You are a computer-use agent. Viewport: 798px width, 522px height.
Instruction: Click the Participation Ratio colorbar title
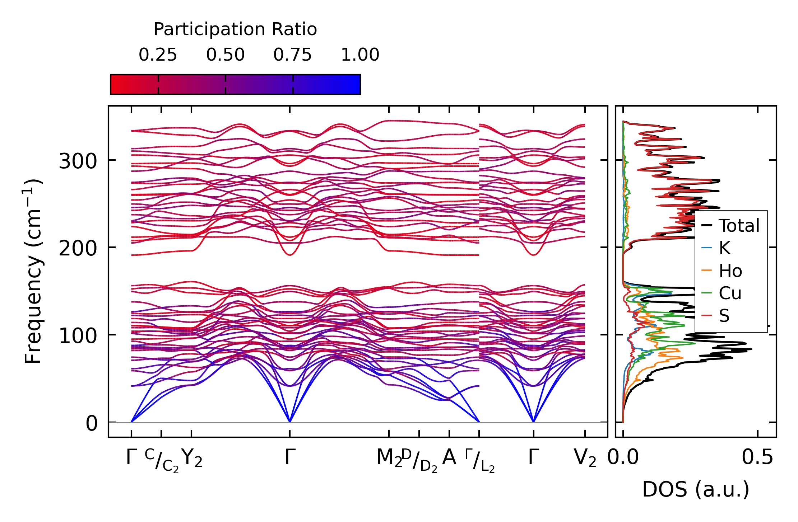(x=235, y=29)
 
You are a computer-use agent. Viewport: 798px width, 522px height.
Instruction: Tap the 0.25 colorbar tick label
(x=158, y=55)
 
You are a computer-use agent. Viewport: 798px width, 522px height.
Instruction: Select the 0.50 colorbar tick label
(x=225, y=55)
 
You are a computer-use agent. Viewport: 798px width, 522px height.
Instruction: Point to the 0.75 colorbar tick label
(x=292, y=55)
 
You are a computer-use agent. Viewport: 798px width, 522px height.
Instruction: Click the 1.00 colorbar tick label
(x=360, y=55)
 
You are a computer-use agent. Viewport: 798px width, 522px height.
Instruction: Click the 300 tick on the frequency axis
(x=78, y=161)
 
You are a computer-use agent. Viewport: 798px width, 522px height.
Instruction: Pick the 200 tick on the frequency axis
(x=78, y=248)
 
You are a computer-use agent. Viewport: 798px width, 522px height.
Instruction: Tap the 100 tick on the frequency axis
(x=78, y=336)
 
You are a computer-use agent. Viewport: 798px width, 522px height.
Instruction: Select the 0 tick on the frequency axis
(x=92, y=423)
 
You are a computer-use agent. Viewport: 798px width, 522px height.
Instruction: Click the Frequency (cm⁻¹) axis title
(x=33, y=271)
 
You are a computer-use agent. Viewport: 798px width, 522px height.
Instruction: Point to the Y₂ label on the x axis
(x=192, y=458)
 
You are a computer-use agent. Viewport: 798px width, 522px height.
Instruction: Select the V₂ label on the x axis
(x=585, y=458)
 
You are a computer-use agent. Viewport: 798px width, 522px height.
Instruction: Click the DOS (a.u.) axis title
(x=696, y=490)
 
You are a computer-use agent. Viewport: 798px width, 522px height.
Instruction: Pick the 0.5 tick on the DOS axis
(x=757, y=458)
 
